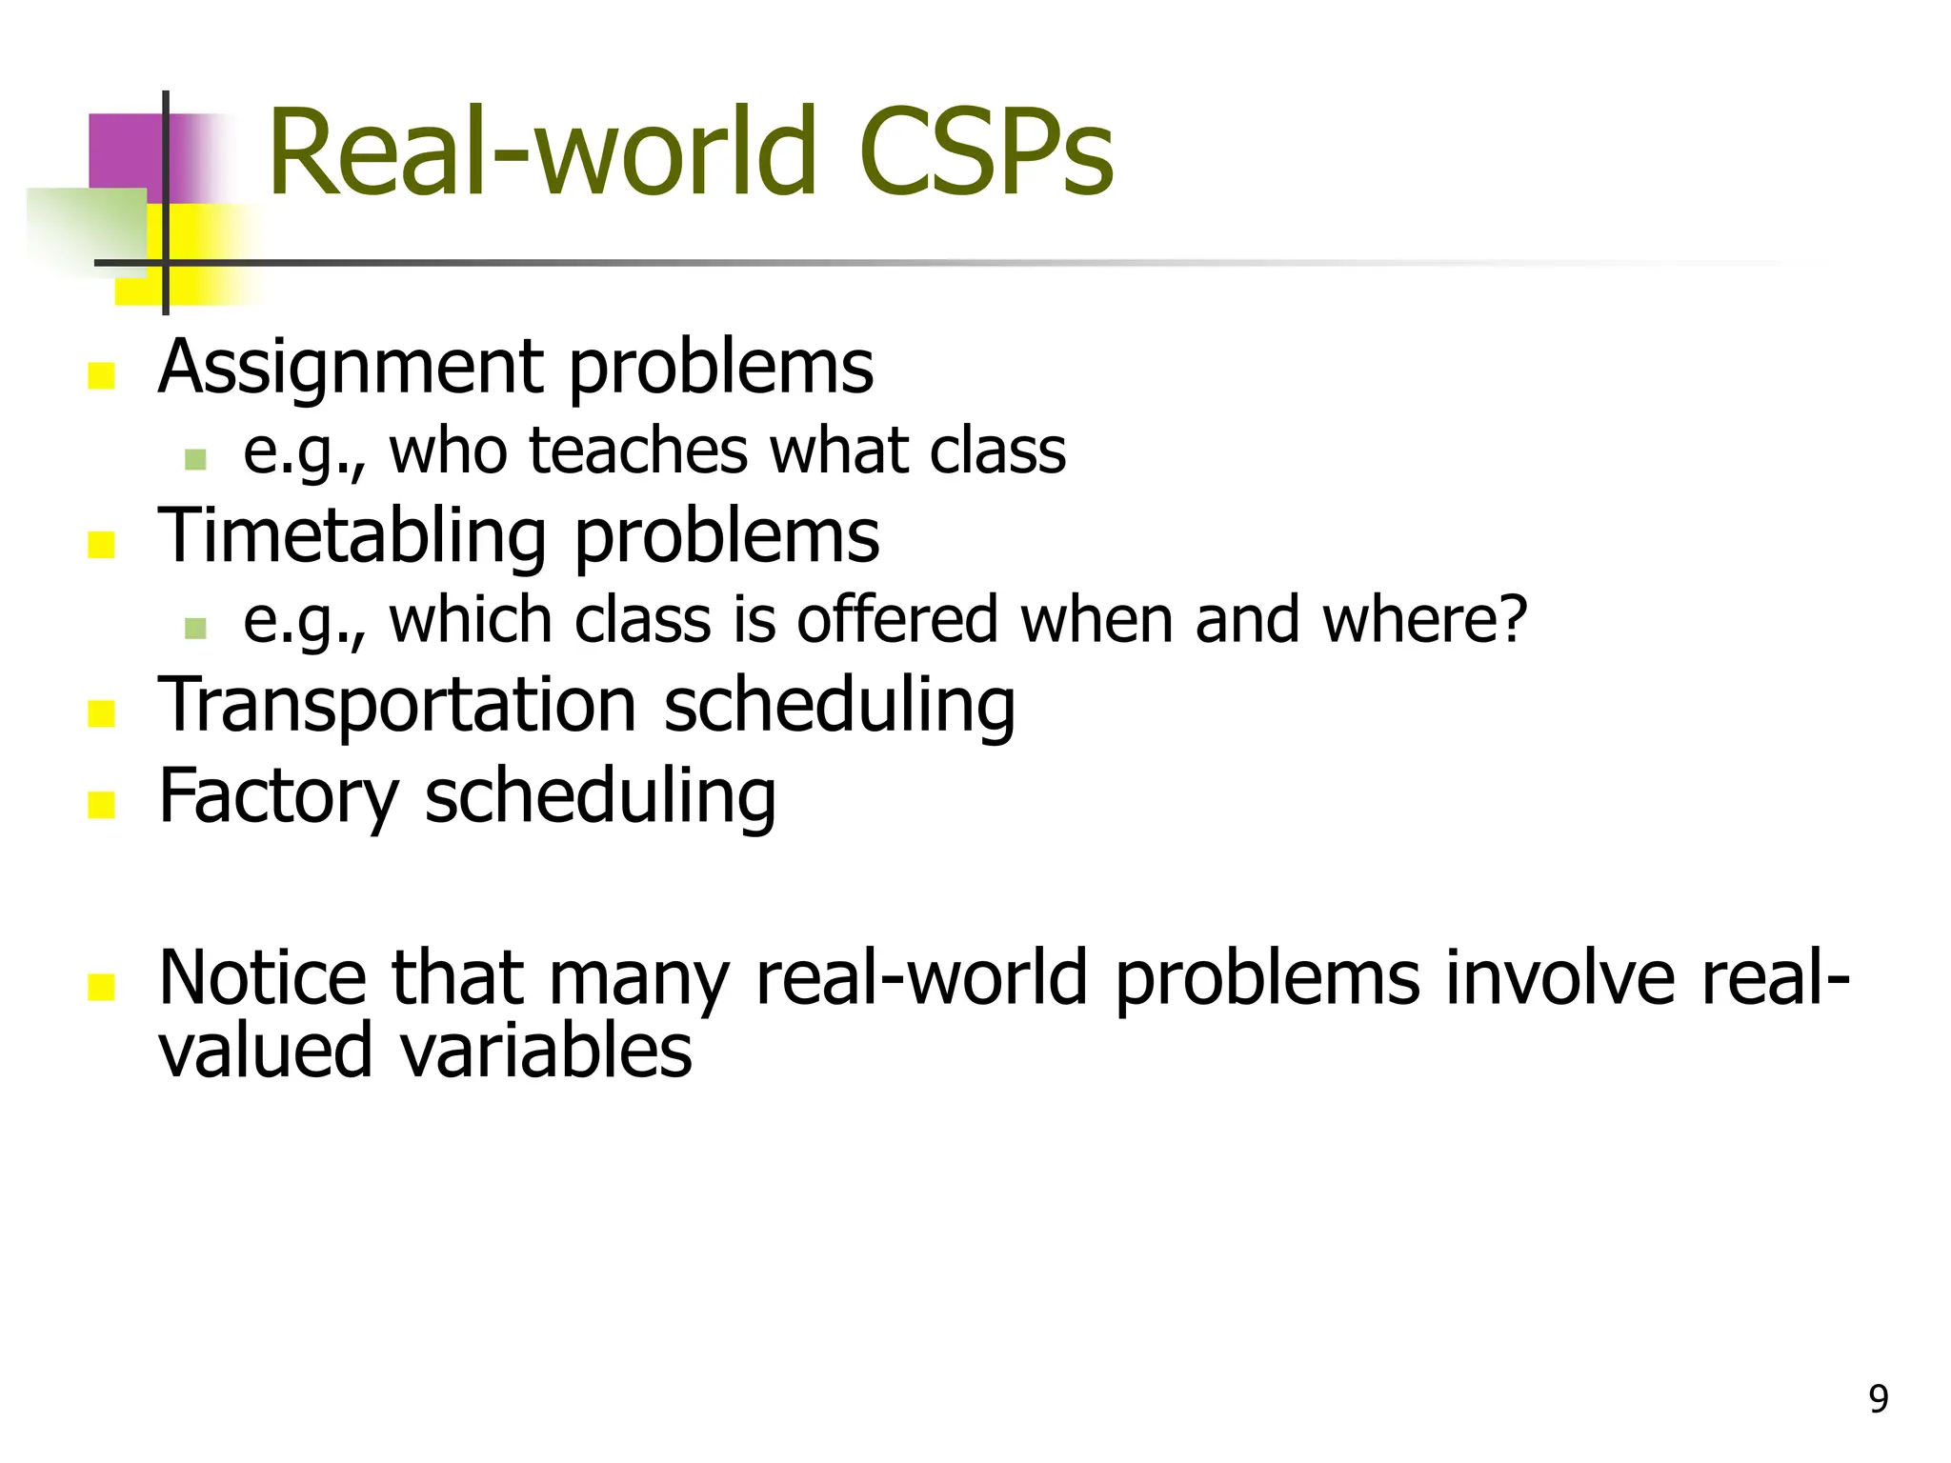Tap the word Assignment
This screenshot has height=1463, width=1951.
click(x=350, y=369)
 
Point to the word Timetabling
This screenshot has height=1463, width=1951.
click(x=352, y=536)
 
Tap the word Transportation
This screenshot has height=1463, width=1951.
click(x=397, y=706)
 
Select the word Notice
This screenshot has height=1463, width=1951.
click(x=262, y=978)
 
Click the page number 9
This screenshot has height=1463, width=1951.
click(x=1878, y=1399)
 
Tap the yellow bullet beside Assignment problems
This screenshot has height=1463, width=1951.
click(x=101, y=376)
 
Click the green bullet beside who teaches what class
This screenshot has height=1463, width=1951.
click(x=195, y=460)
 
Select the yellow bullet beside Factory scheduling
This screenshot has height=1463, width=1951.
click(x=101, y=805)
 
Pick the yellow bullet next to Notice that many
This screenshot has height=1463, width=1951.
click(x=101, y=987)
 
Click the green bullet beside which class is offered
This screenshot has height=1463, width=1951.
click(x=195, y=629)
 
